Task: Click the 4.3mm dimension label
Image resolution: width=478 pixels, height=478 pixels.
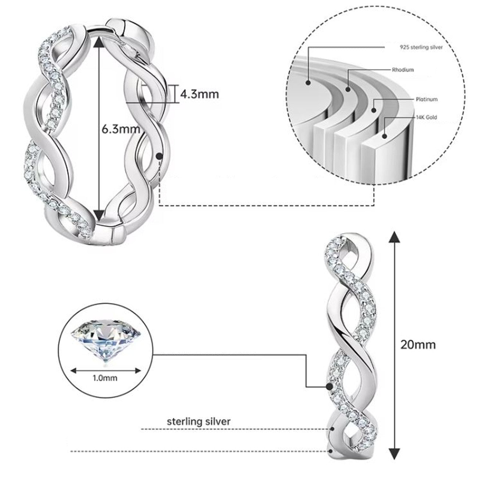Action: tap(199, 94)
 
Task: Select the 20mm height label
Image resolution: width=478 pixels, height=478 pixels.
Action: tap(418, 345)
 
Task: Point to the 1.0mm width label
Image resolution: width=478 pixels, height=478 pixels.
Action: tap(105, 378)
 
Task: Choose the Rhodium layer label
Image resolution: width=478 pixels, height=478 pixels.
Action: tap(403, 69)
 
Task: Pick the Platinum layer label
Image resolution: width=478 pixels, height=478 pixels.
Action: tap(427, 99)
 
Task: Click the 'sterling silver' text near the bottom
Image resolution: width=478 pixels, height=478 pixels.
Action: tap(199, 421)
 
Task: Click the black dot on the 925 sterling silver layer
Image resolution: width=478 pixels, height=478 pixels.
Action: tap(308, 83)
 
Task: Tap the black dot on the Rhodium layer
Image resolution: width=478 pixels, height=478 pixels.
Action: tap(348, 89)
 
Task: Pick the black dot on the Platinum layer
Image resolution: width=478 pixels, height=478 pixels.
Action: tap(374, 110)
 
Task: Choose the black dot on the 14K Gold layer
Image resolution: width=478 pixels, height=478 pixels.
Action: tap(385, 136)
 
